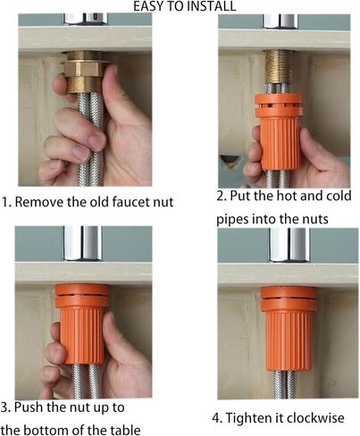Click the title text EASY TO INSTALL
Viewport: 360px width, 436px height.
[x=185, y=6]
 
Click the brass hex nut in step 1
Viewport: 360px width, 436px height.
[x=84, y=69]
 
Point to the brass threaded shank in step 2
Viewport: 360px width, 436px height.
[x=280, y=67]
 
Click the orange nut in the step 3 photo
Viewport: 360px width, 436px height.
[x=81, y=323]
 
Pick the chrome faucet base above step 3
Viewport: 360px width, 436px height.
[x=82, y=243]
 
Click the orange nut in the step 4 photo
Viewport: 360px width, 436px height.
[x=289, y=329]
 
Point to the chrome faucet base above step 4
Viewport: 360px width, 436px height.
[x=289, y=245]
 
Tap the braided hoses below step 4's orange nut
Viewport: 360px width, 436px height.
[x=285, y=384]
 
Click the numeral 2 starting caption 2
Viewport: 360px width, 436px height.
[x=220, y=197]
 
